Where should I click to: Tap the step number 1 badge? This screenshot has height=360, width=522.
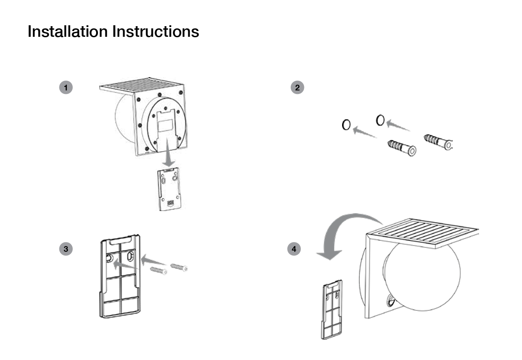[x=66, y=87]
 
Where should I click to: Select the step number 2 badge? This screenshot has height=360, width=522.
[x=297, y=87]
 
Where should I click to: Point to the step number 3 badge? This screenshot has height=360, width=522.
[x=66, y=249]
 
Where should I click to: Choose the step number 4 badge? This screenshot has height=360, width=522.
[x=294, y=249]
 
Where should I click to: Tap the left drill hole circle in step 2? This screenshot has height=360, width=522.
[x=346, y=125]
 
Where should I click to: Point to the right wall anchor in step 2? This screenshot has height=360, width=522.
[x=438, y=141]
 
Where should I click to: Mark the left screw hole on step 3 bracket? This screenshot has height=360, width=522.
[x=109, y=258]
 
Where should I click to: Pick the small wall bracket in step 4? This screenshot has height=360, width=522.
[x=331, y=309]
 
